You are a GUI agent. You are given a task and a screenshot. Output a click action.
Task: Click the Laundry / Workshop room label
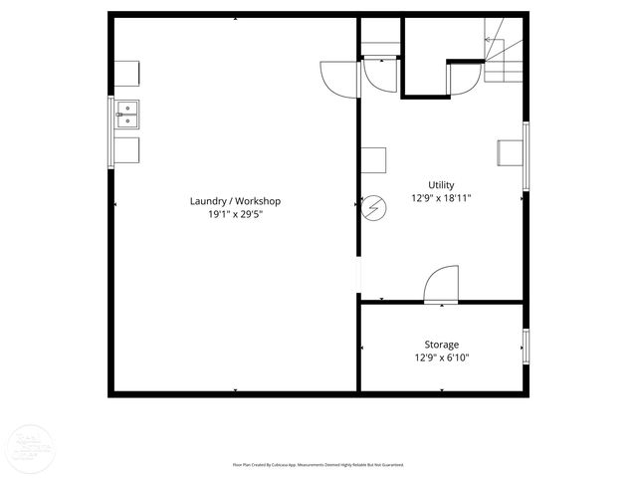(235, 201)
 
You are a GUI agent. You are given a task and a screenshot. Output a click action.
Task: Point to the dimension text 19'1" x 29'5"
(235, 214)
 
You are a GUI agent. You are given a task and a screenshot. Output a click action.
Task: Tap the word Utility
(441, 184)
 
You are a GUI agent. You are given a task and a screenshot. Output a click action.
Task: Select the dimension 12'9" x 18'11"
(441, 197)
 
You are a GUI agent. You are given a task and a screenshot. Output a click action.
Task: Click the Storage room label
(441, 345)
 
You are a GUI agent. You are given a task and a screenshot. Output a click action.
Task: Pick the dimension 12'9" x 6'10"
(441, 358)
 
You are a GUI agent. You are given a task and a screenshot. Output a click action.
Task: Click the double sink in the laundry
(126, 115)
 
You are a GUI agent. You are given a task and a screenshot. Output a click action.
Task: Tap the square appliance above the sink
(126, 75)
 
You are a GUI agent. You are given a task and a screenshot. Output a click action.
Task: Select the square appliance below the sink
(126, 150)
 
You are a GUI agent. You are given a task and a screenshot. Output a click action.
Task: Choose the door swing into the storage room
(441, 285)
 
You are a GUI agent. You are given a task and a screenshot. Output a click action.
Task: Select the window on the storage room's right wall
(525, 345)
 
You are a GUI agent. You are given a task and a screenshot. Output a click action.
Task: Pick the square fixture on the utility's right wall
(511, 151)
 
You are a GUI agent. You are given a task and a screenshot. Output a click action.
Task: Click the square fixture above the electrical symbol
(372, 160)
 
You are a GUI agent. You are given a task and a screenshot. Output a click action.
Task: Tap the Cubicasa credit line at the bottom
(318, 464)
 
